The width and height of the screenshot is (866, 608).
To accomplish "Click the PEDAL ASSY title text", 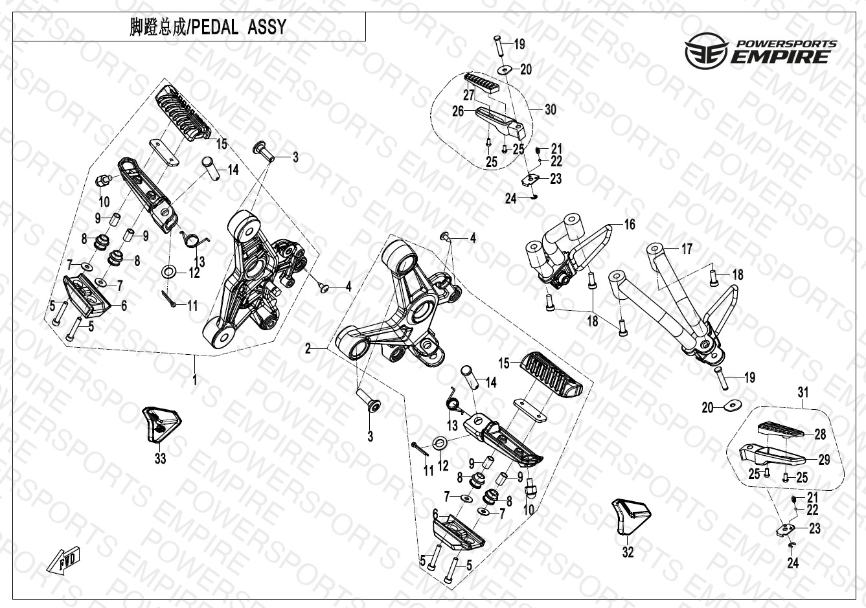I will pyautogui.click(x=207, y=28).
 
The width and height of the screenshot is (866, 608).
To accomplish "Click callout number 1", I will pyautogui.click(x=194, y=380).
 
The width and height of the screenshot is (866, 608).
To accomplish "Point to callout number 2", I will pyautogui.click(x=309, y=349).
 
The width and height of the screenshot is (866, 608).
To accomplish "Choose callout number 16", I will pyautogui.click(x=630, y=225).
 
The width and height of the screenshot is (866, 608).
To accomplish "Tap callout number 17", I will pyautogui.click(x=687, y=249).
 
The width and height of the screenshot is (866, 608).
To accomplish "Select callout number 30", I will pyautogui.click(x=550, y=110).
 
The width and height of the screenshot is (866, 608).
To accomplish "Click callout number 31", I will pyautogui.click(x=803, y=392).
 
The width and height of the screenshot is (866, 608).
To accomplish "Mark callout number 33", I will pyautogui.click(x=160, y=459).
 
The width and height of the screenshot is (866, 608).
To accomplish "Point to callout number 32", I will pyautogui.click(x=628, y=552).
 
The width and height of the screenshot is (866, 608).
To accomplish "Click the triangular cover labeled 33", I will pyautogui.click(x=160, y=424).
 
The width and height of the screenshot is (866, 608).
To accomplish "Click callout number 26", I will pyautogui.click(x=458, y=111).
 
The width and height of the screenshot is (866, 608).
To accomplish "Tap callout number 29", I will pyautogui.click(x=824, y=460).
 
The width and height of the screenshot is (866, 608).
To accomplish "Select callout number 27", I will pyautogui.click(x=469, y=95).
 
